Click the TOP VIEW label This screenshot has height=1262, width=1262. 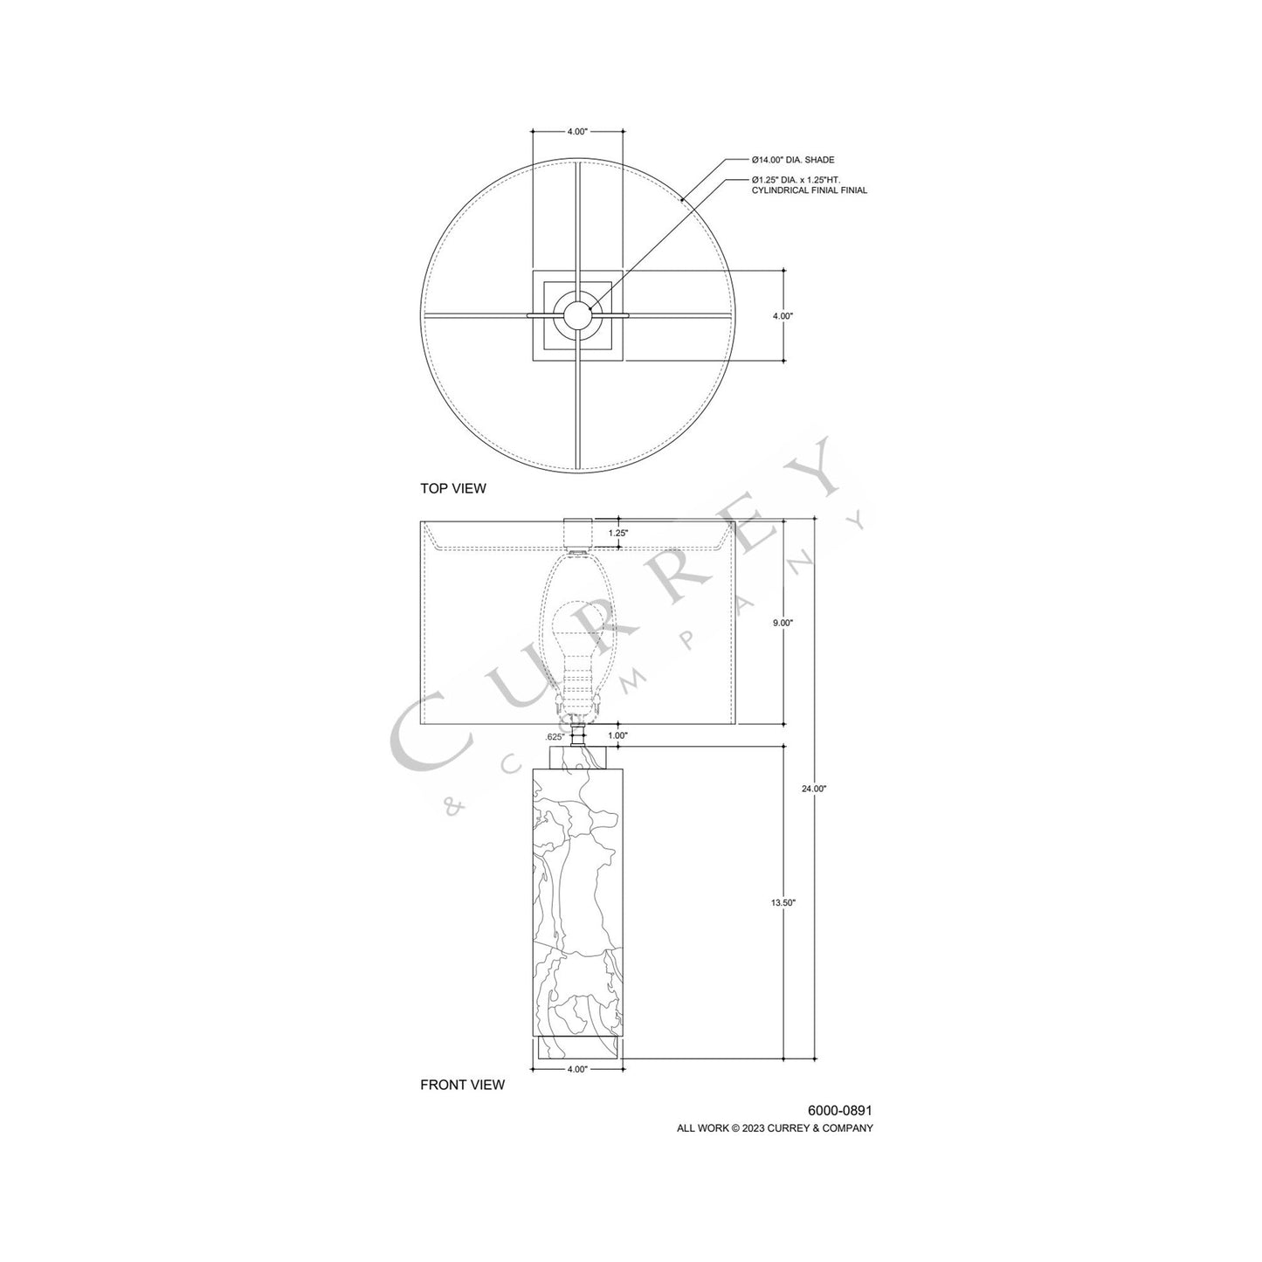452,488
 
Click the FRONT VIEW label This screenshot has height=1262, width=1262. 462,1085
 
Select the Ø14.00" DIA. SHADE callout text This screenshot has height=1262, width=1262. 793,160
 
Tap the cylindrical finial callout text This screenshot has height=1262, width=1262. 809,184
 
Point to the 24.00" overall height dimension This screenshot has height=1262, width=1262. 813,789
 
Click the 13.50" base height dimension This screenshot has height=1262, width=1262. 783,903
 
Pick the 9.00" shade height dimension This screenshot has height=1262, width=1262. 783,623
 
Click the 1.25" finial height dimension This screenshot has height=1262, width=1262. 617,532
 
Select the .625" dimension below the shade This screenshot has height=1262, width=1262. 553,735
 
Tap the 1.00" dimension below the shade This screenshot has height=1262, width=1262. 617,735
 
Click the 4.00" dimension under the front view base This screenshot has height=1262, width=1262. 576,1068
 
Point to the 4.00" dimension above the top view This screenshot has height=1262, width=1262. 576,131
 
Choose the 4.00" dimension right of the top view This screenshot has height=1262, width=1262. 783,316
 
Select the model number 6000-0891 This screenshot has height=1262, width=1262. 839,1110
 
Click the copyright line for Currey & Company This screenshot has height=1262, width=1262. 775,1128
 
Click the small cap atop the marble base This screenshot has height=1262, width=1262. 577,756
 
